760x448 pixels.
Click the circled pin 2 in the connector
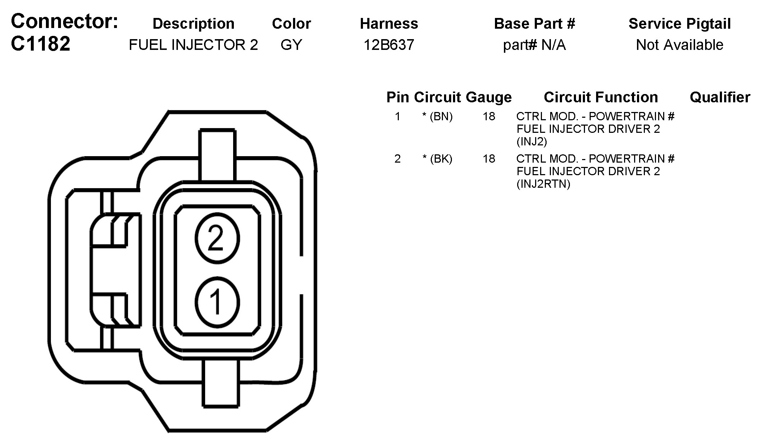(217, 238)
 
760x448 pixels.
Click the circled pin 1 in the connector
(217, 302)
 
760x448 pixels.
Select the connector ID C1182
(41, 44)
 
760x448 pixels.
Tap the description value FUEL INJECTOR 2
(193, 45)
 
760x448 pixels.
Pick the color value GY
(291, 45)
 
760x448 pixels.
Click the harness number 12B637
(389, 45)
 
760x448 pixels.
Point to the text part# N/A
(534, 45)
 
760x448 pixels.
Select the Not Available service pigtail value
(680, 45)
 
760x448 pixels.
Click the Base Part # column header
(534, 24)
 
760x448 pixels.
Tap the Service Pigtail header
(680, 24)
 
